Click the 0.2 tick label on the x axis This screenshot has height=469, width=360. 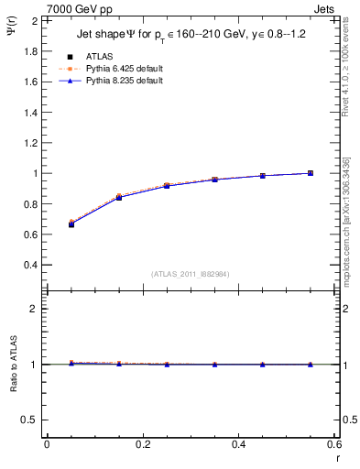click(x=142, y=444)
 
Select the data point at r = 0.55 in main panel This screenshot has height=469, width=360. click(x=311, y=173)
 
